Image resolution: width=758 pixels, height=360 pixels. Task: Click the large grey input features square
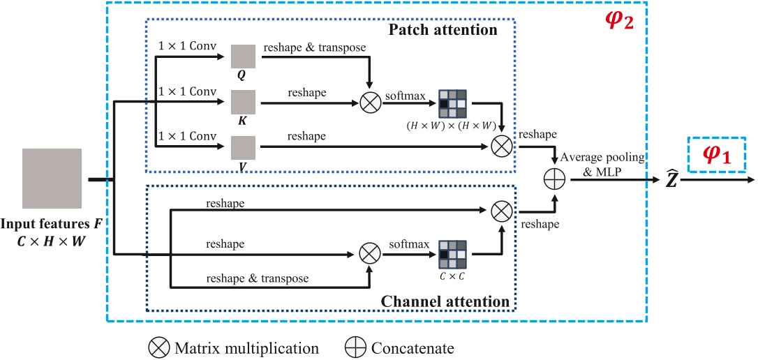pyautogui.click(x=52, y=178)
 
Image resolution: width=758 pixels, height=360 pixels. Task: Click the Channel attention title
pyautogui.click(x=445, y=301)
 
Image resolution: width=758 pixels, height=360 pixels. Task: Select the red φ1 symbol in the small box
pyautogui.click(x=716, y=155)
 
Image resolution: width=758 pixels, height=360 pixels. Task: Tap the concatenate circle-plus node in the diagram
pyautogui.click(x=554, y=179)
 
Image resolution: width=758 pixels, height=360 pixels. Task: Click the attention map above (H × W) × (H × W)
pyautogui.click(x=452, y=103)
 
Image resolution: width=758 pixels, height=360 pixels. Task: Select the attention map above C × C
pyautogui.click(x=452, y=254)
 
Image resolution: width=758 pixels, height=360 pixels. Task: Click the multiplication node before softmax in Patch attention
pyautogui.click(x=369, y=104)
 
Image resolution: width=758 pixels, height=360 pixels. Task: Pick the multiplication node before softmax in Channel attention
pyautogui.click(x=369, y=253)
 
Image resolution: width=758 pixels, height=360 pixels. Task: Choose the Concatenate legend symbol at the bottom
pyautogui.click(x=356, y=347)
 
